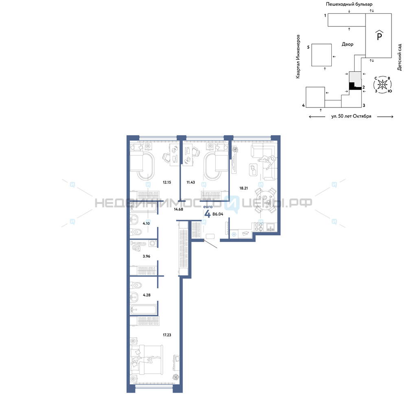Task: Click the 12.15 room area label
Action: [x=167, y=182]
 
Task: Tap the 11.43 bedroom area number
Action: [x=191, y=182]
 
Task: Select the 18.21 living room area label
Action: [x=243, y=188]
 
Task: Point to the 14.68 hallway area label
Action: [x=179, y=209]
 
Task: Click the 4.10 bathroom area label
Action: [x=146, y=223]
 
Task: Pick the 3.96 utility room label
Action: [x=147, y=256]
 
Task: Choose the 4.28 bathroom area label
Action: [x=147, y=295]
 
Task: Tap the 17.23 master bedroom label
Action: [x=167, y=335]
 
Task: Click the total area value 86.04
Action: [x=218, y=214]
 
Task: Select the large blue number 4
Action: [x=208, y=214]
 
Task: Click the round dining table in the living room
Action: [x=266, y=200]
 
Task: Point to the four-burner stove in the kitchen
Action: [x=258, y=227]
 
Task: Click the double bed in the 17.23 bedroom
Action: [x=147, y=359]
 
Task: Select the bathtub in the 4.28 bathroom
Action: [x=144, y=309]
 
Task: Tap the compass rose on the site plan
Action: [x=383, y=84]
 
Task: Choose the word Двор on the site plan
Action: [x=348, y=44]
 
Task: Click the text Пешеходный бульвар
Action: [x=349, y=4]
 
